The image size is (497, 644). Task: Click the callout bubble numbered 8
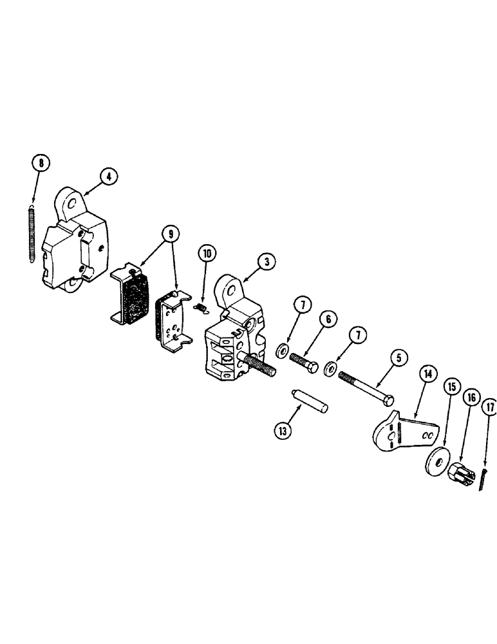click(x=41, y=163)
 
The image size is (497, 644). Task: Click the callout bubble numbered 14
click(x=427, y=374)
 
